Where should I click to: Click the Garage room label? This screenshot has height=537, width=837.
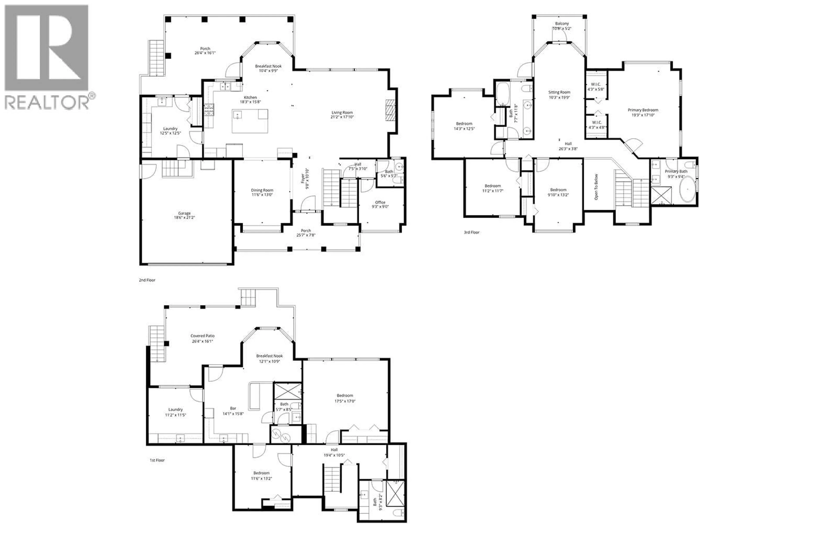point(184,213)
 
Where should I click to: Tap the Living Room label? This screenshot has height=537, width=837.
point(342,113)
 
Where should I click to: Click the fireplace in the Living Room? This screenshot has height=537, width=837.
point(391,110)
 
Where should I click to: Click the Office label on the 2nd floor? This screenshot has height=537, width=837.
point(380,202)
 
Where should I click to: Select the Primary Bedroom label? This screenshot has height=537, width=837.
point(643,110)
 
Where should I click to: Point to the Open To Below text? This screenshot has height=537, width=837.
point(596,187)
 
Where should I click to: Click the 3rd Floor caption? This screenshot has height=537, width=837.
point(471,232)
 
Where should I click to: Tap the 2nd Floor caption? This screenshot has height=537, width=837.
point(147,280)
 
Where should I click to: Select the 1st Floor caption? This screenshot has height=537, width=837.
point(157,460)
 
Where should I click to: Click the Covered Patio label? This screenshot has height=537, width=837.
point(202,336)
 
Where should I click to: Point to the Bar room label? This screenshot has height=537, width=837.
point(233,408)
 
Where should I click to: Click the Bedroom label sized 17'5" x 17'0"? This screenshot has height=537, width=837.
point(345,395)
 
